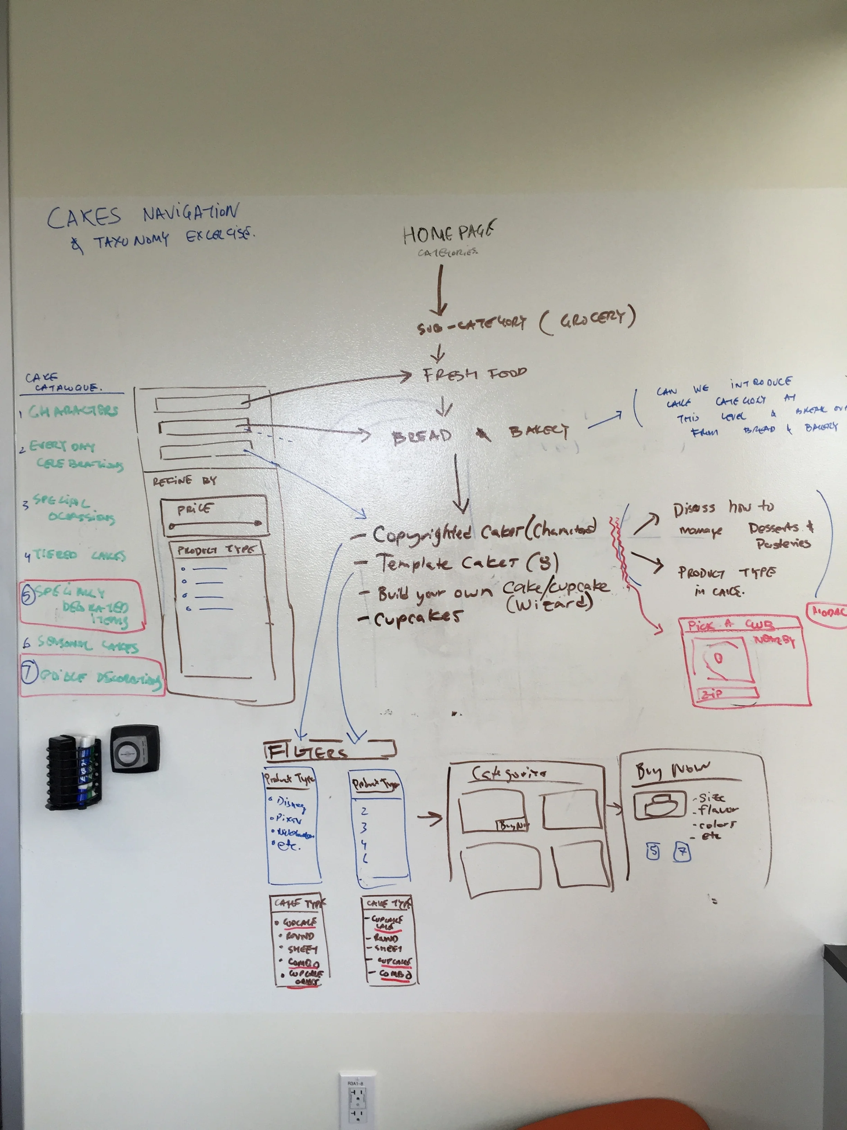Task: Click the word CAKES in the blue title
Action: [84, 217]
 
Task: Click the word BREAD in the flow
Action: [422, 437]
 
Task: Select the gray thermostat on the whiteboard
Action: [135, 748]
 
